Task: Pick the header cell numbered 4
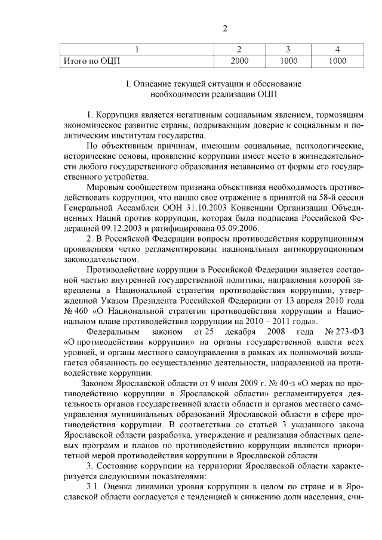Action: pos(337,49)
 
